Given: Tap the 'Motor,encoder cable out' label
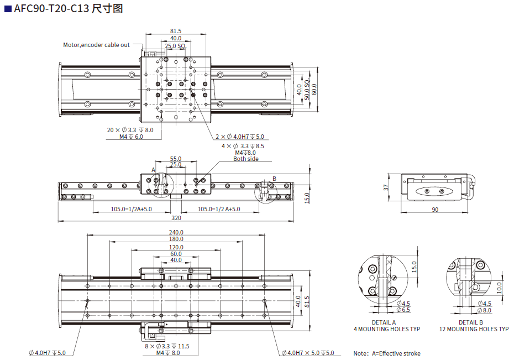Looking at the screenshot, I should point(96,45).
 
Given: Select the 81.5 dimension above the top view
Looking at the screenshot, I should point(176,31).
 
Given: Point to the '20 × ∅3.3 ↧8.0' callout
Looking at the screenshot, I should point(130,130).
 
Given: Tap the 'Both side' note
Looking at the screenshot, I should point(245,159).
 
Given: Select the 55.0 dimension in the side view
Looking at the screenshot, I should point(176,159).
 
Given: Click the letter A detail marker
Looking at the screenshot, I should point(154,169).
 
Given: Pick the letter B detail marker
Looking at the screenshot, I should point(274,179).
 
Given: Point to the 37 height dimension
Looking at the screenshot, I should point(386,187).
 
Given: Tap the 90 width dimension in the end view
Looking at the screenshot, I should point(434,210).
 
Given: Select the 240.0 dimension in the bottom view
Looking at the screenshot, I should point(176,232).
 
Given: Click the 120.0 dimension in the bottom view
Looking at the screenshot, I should point(176,247).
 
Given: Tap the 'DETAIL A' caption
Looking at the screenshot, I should point(384,322).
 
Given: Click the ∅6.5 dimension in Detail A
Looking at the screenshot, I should point(403,310).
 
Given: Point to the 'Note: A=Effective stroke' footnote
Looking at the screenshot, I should point(387,353).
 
